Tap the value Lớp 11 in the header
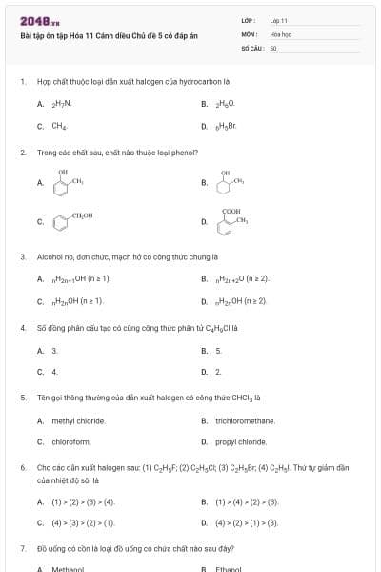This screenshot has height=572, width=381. click(278, 20)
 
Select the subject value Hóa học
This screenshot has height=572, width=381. click(280, 33)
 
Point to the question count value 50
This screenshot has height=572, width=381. click(273, 47)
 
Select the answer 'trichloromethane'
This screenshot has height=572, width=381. click(245, 420)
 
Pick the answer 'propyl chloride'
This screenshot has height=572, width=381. click(241, 442)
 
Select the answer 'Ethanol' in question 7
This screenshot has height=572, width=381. click(230, 569)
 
